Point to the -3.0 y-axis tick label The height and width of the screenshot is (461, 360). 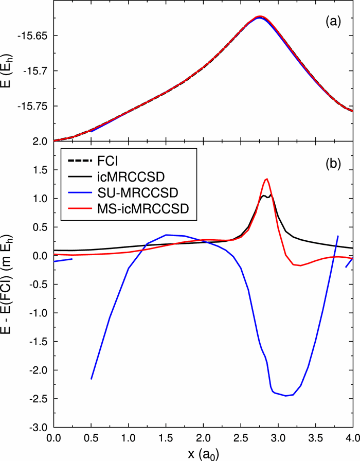[x=39, y=428]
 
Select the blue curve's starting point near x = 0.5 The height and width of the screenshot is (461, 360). [x=91, y=379]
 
